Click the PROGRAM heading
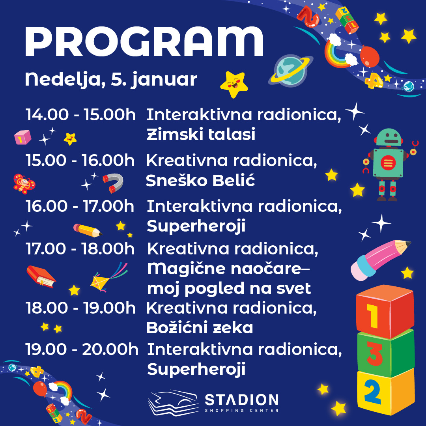[x=144, y=41]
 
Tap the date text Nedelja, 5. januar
[x=111, y=80]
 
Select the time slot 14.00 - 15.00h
[x=81, y=114]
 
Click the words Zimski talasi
[x=201, y=134]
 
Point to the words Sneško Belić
[x=200, y=180]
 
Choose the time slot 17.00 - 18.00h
[x=80, y=248]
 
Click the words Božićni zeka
[x=200, y=328]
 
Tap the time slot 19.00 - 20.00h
[x=82, y=349]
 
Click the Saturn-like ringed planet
[x=291, y=70]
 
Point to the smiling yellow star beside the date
[x=234, y=84]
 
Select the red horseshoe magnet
[x=113, y=183]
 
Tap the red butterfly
[x=24, y=184]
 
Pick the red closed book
[x=41, y=277]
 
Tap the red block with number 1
[x=385, y=312]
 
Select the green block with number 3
[x=385, y=354]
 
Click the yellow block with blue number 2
[x=386, y=392]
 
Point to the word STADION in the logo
[x=241, y=400]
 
